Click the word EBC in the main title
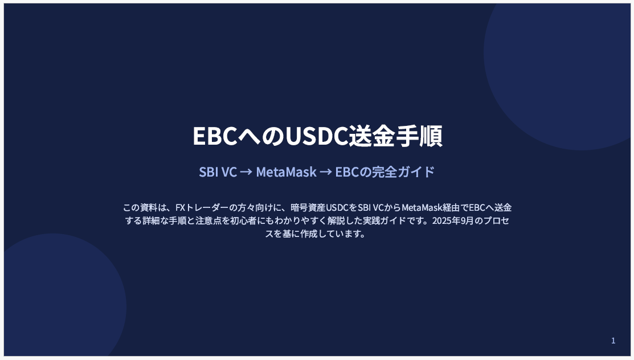[215, 136]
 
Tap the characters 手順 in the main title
[419, 136]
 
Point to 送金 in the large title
[372, 136]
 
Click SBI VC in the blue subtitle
[218, 172]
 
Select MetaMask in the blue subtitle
[287, 172]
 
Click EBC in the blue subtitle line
[347, 172]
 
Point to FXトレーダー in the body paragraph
[202, 207]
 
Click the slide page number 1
[613, 341]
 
